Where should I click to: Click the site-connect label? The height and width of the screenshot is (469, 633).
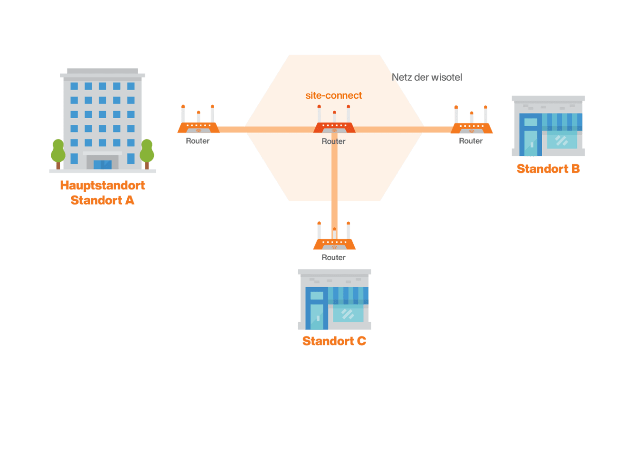click(333, 95)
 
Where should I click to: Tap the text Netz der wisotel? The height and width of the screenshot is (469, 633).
click(427, 77)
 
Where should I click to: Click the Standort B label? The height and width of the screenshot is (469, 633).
click(548, 169)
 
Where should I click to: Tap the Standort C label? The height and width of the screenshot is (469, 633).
click(334, 341)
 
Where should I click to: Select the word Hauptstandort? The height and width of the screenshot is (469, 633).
click(103, 185)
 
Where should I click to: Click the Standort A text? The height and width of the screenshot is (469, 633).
click(103, 200)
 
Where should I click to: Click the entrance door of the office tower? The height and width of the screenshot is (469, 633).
click(103, 164)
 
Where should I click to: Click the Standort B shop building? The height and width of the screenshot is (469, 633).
click(548, 127)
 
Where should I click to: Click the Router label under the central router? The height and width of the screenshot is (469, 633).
click(333, 141)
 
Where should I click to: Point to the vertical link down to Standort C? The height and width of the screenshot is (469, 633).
click(334, 181)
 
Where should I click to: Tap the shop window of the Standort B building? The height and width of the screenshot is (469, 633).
click(562, 141)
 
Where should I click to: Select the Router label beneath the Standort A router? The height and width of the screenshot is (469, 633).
click(198, 141)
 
